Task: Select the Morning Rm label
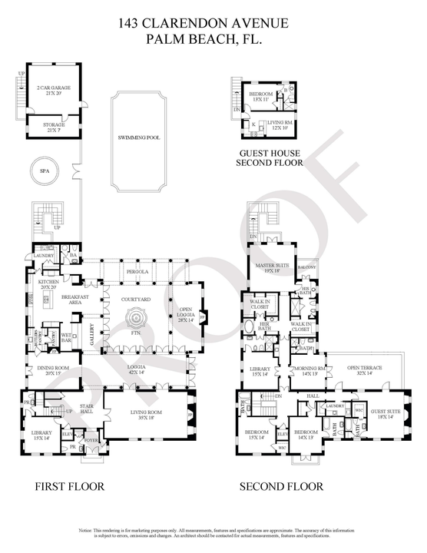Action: pos(307,371)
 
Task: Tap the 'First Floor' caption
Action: pos(70,486)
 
